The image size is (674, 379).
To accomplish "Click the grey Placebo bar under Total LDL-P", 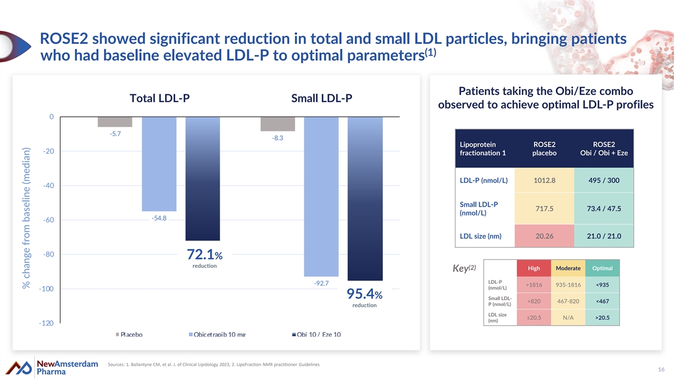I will [115, 122].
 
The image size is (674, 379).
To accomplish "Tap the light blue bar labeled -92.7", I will [322, 197].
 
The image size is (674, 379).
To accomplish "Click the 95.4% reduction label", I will [365, 297].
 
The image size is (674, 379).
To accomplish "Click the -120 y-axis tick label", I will [46, 323].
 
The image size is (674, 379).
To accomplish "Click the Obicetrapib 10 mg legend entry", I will [216, 335].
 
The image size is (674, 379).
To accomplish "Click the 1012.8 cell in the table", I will [544, 180].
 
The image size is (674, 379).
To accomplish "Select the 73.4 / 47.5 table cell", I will [604, 209].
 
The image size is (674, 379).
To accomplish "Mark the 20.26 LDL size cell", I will [544, 236].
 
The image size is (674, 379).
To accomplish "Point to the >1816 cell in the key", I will [534, 285].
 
